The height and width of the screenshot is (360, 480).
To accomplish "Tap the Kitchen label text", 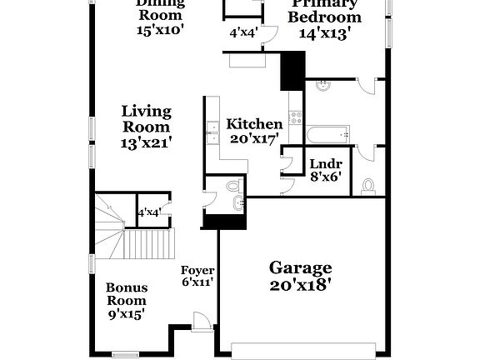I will pos(254,124).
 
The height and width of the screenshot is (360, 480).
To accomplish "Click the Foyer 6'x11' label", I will pos(198,276).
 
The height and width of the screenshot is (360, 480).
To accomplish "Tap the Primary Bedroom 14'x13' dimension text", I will pos(324,33).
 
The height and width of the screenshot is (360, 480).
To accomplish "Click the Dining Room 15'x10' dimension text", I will pos(160,29).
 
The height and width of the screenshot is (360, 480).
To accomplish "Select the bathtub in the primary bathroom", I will pos(327,134).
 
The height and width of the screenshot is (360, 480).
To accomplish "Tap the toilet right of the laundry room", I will pos(369,186).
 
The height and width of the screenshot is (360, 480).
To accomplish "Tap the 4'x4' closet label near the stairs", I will pos(149,212).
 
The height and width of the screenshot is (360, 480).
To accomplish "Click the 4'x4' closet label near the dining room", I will pos(243,33).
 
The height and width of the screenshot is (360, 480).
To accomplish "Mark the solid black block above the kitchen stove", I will pos(292,70).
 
